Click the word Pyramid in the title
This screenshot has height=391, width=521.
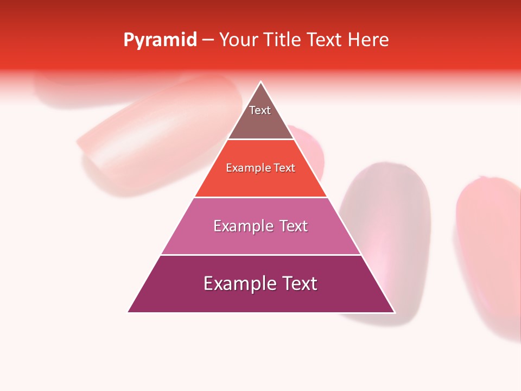[x=160, y=40]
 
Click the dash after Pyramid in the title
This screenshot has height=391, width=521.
[x=208, y=40]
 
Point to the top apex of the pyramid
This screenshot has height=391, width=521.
[x=261, y=83]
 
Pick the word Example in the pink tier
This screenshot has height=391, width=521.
[x=241, y=226]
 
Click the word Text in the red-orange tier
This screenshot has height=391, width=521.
[x=284, y=168]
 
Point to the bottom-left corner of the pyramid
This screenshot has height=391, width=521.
[x=129, y=312]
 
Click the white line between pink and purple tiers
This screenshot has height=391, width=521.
[x=260, y=255]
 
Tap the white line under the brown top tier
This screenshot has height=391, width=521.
[x=260, y=140]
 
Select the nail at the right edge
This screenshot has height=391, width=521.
[x=488, y=255]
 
